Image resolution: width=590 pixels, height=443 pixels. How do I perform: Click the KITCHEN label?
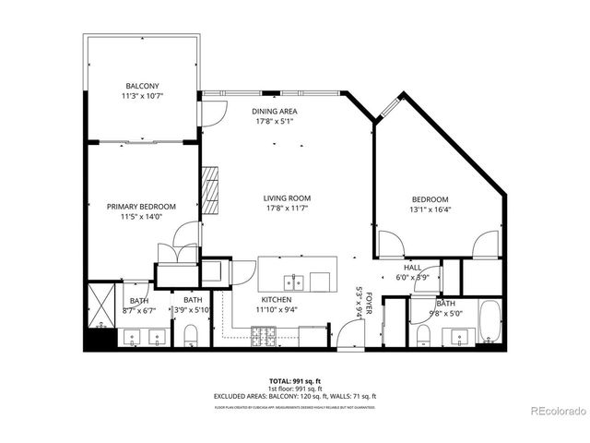277,300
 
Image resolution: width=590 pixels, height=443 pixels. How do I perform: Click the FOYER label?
369,302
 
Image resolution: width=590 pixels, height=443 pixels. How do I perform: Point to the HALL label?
412,267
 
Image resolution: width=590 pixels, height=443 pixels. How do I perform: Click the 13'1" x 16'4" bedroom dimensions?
430,210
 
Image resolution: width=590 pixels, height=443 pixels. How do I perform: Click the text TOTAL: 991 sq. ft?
295,380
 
